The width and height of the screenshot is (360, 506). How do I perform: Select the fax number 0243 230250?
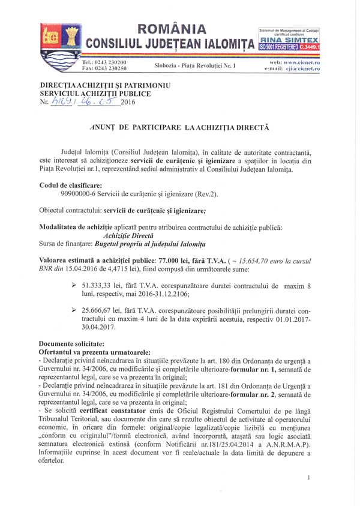(x=117, y=69)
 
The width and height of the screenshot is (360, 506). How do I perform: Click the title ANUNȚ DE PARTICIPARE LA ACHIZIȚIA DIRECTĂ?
(x=179, y=128)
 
